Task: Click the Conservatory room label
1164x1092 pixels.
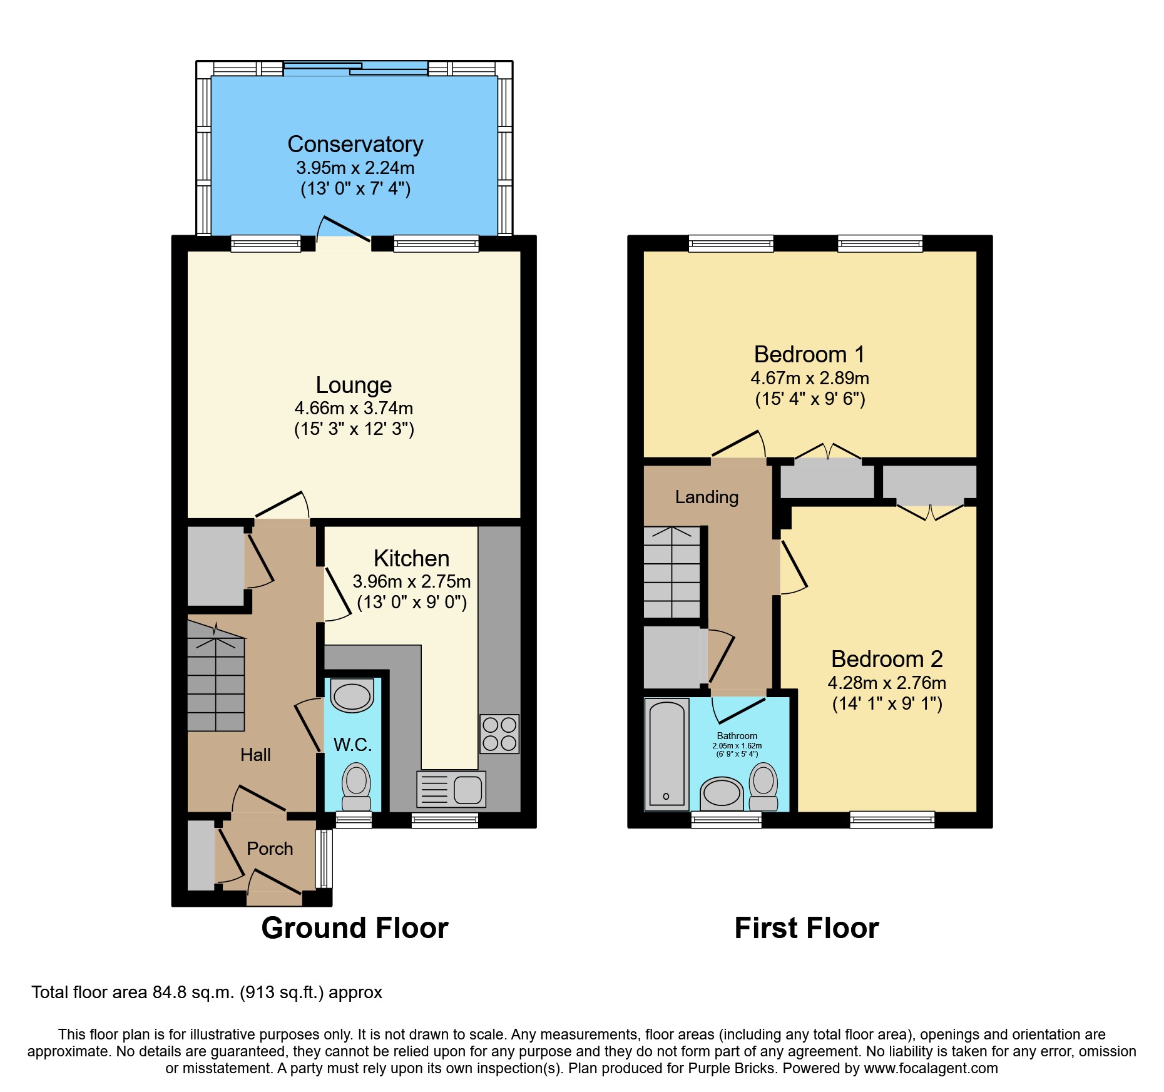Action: click(x=355, y=145)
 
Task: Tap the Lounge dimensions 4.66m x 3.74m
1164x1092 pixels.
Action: click(x=354, y=409)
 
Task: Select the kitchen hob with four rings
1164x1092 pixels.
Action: click(x=499, y=734)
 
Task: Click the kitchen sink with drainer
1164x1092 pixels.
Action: click(x=451, y=788)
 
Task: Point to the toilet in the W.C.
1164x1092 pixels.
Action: click(x=356, y=787)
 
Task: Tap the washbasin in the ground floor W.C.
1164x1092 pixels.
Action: click(x=352, y=696)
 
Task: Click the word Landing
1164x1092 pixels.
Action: click(x=707, y=497)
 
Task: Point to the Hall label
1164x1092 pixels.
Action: click(x=255, y=755)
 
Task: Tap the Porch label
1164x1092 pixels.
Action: click(x=270, y=849)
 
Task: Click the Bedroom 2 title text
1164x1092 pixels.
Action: click(x=886, y=659)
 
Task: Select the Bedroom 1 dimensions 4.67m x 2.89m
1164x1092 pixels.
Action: click(x=809, y=379)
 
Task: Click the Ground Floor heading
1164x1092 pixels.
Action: click(x=354, y=928)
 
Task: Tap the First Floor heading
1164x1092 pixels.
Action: click(x=806, y=928)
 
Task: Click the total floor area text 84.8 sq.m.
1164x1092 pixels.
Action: click(x=207, y=992)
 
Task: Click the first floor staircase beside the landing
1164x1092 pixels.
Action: click(x=672, y=573)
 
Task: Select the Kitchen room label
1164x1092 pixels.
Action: click(x=411, y=558)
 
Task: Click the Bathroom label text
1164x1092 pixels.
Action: click(x=737, y=736)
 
